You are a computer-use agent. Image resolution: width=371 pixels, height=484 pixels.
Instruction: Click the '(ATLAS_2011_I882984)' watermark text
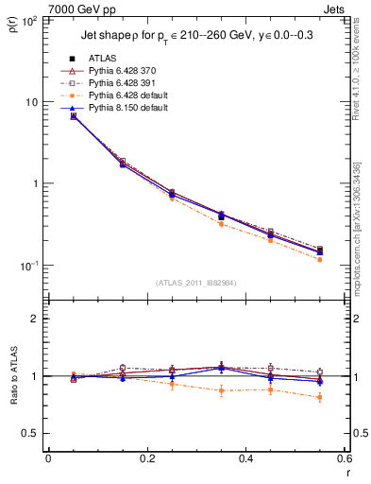(x=195, y=282)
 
